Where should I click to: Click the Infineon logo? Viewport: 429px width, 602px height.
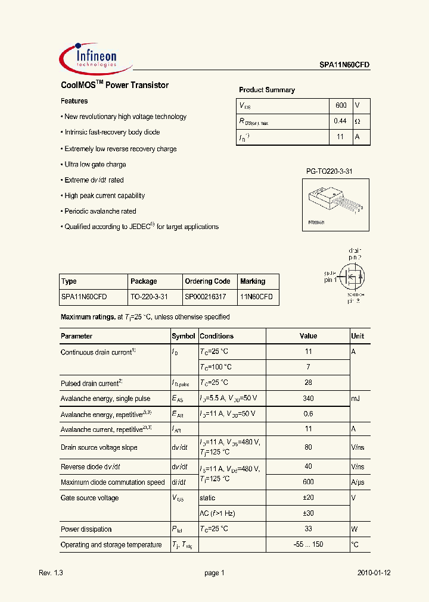point(89,58)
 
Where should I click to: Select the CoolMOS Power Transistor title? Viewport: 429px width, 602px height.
point(114,85)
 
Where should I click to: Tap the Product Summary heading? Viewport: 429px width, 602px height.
point(266,90)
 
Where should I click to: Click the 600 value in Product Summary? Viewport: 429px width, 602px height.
point(340,105)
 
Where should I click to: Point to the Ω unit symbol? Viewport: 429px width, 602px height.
point(357,121)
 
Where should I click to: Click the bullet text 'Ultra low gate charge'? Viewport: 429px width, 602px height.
point(95,164)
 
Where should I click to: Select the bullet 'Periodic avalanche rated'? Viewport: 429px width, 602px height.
point(100,211)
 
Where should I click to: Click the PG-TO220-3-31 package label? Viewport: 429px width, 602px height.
point(329,171)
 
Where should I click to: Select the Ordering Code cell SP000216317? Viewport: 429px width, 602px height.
point(207,296)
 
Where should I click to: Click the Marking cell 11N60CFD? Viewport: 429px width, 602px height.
point(256,296)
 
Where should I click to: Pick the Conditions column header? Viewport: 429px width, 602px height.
point(216,336)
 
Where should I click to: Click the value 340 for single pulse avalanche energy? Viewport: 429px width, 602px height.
point(308,399)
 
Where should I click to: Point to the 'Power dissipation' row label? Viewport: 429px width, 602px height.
point(86,529)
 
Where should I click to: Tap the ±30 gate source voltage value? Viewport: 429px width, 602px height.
point(308,513)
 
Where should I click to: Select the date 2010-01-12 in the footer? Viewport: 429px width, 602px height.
point(374,573)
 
